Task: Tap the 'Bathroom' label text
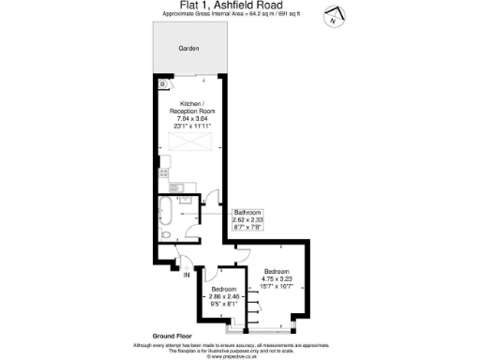pyautogui.click(x=247, y=213)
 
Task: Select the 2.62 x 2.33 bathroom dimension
pyautogui.click(x=247, y=219)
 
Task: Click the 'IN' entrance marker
pyautogui.click(x=187, y=276)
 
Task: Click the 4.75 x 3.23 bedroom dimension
pyautogui.click(x=277, y=278)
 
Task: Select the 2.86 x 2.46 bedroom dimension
pyautogui.click(x=223, y=296)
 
